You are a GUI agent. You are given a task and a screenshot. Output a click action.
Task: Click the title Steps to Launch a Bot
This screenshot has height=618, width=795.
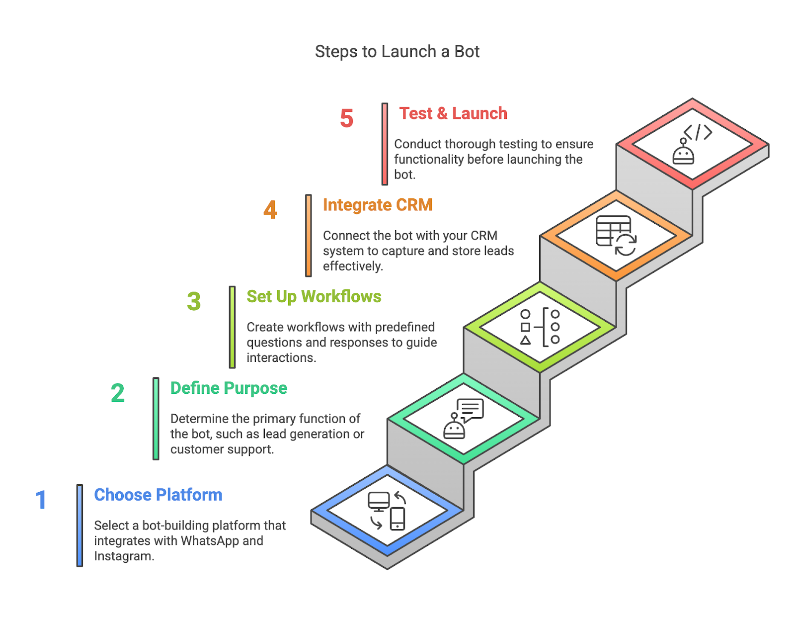click(x=397, y=52)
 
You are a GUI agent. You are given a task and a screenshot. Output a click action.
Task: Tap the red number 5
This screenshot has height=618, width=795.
click(x=346, y=118)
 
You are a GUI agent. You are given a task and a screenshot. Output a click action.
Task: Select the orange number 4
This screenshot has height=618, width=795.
click(x=270, y=210)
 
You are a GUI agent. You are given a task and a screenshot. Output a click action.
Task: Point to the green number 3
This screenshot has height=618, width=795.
click(x=194, y=301)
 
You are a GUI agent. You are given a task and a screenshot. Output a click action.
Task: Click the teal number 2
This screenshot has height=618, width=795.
click(x=118, y=393)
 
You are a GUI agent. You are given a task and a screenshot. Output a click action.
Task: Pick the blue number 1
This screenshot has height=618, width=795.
click(x=41, y=500)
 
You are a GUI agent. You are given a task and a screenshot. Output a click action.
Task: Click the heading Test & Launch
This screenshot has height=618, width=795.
click(x=453, y=113)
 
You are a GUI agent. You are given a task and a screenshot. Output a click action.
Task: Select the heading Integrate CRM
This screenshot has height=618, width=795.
click(x=378, y=205)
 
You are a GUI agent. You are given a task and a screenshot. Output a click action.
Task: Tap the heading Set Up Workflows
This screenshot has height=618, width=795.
click(x=314, y=297)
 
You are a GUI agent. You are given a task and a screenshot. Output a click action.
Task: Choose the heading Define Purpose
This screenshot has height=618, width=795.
click(x=229, y=388)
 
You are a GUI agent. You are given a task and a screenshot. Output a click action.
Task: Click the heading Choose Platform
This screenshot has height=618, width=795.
click(x=158, y=495)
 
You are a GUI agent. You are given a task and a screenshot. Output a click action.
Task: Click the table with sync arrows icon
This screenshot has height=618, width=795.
click(x=616, y=236)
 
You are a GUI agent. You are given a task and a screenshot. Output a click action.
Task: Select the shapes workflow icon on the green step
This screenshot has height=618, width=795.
click(x=540, y=327)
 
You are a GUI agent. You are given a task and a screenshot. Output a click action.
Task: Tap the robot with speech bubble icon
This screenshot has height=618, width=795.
click(x=464, y=419)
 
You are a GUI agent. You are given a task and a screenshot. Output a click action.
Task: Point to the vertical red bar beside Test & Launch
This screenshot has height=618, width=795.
click(x=385, y=144)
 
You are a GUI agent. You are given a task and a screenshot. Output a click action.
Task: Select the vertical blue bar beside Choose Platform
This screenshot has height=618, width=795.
click(x=80, y=526)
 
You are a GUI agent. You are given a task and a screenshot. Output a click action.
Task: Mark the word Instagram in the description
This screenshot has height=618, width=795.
click(x=124, y=556)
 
